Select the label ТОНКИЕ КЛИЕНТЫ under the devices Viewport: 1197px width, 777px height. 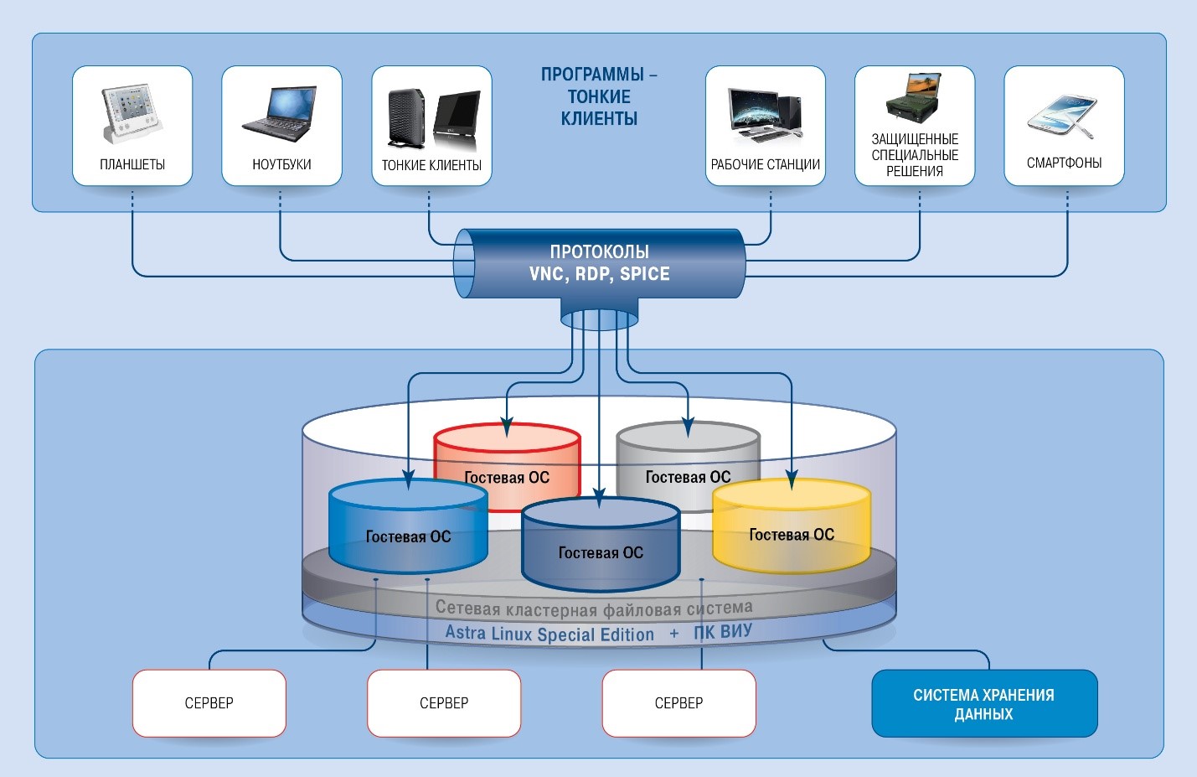[431, 165]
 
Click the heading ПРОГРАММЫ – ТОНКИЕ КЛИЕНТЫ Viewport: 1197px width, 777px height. [599, 96]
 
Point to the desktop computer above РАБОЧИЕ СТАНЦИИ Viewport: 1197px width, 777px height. [765, 113]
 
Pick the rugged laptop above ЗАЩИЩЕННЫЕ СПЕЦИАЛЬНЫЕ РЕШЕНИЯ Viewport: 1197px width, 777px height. [914, 98]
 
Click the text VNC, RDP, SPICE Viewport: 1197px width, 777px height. [599, 274]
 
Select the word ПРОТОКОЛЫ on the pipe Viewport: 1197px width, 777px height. [599, 251]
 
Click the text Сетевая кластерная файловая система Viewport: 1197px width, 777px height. [593, 608]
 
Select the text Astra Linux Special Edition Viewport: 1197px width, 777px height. [549, 634]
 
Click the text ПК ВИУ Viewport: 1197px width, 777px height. [723, 632]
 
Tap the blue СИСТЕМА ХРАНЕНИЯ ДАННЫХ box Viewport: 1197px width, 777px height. [984, 704]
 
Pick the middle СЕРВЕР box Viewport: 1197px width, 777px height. [444, 703]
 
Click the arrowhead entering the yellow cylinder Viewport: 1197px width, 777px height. [792, 480]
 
